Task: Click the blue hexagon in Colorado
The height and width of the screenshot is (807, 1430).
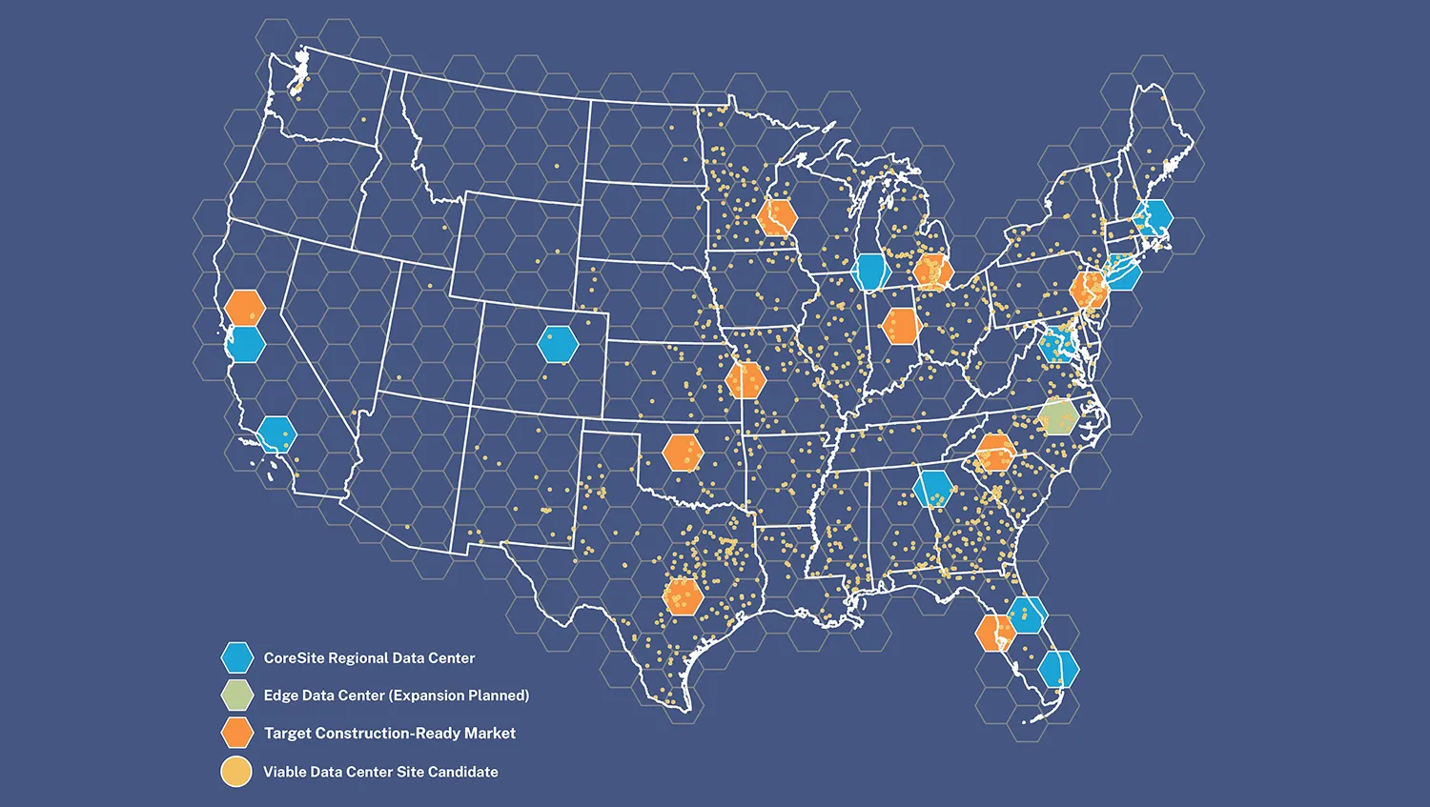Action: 558,344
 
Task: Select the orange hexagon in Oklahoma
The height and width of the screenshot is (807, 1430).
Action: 683,453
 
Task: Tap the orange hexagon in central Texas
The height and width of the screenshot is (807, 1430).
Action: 683,596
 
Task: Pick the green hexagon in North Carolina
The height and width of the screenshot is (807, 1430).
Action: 1057,417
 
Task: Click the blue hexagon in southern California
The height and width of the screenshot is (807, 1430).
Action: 276,434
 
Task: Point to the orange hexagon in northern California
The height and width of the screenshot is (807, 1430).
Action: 245,308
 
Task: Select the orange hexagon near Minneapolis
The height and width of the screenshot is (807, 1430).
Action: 777,217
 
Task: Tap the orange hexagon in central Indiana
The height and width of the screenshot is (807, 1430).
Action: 901,326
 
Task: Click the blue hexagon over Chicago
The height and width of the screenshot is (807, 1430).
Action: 870,272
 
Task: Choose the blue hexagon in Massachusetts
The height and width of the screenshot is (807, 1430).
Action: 1154,217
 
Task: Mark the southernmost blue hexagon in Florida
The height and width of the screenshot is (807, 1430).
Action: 1058,670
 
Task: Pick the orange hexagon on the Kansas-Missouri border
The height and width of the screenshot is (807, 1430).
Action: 746,380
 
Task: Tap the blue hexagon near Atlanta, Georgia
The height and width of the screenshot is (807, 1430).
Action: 932,489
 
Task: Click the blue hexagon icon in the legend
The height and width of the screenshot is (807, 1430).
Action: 236,657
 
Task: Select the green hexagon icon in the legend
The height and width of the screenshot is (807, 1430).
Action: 236,696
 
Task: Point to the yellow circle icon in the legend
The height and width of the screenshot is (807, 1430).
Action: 236,772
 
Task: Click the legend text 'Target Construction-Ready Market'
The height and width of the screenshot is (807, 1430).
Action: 389,734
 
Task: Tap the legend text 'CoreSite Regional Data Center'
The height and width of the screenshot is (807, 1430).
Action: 369,657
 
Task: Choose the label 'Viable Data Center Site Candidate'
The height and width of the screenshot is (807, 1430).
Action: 380,772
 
